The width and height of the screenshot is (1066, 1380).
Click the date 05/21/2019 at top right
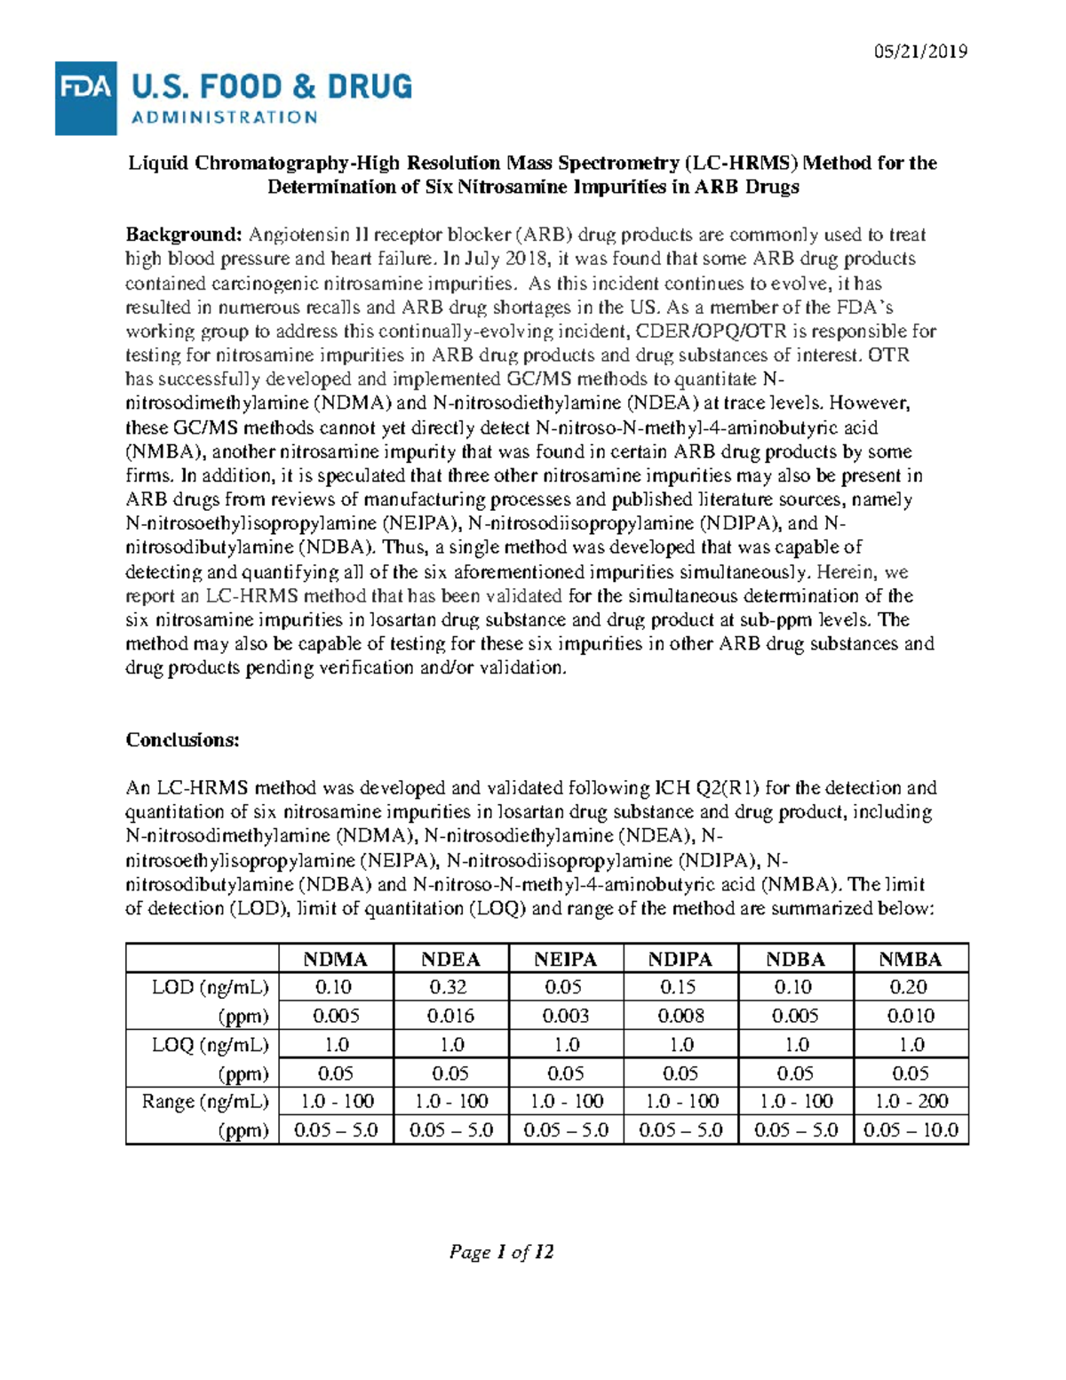(x=920, y=51)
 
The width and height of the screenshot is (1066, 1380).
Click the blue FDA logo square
(x=85, y=98)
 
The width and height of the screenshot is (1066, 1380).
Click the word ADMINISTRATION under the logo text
(x=224, y=117)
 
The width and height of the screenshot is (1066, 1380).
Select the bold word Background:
(x=183, y=235)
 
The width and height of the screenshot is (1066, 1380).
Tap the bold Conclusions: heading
(x=182, y=740)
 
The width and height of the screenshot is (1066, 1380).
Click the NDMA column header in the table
(x=335, y=959)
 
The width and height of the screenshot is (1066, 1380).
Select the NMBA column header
(x=910, y=959)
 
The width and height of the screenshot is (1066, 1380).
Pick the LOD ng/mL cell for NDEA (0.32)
(x=450, y=987)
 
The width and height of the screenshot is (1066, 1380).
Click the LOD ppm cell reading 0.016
(x=450, y=1016)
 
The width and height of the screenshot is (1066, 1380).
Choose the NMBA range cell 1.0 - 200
(x=911, y=1101)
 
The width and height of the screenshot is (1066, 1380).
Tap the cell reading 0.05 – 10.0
(x=911, y=1130)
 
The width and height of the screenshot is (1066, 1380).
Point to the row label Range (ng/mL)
(x=204, y=1101)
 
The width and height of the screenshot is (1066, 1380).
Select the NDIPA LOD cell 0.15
(x=680, y=987)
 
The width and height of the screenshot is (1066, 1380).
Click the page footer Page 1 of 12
(x=501, y=1252)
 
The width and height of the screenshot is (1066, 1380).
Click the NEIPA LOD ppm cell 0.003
(x=565, y=1016)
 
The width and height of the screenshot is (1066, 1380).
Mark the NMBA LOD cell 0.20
(x=911, y=987)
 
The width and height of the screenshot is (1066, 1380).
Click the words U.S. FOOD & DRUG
(x=272, y=87)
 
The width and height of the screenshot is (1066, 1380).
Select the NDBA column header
(x=795, y=959)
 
